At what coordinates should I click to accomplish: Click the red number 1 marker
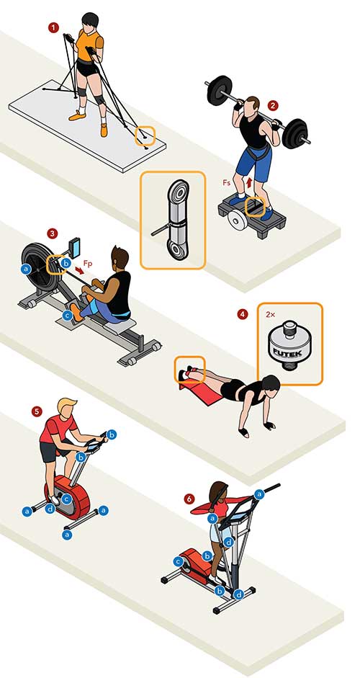coord(53,28)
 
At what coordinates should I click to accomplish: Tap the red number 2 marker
coord(272,105)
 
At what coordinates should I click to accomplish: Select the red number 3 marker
coord(53,233)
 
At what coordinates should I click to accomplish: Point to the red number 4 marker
coord(243,314)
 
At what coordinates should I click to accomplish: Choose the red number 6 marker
coord(189,499)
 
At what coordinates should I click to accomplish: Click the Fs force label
coord(227,183)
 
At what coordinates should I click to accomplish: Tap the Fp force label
coord(87,262)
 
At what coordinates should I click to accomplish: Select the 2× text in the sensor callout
coord(270,315)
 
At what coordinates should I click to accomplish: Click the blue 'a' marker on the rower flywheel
coord(27,269)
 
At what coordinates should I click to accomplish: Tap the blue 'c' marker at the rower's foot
coord(66,316)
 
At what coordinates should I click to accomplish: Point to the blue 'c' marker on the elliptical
coord(177,562)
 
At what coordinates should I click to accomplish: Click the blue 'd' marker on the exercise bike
coord(50,509)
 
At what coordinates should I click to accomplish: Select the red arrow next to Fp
coord(79,270)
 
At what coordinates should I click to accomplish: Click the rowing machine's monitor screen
coord(75,247)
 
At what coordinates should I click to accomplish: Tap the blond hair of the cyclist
coord(66,403)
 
